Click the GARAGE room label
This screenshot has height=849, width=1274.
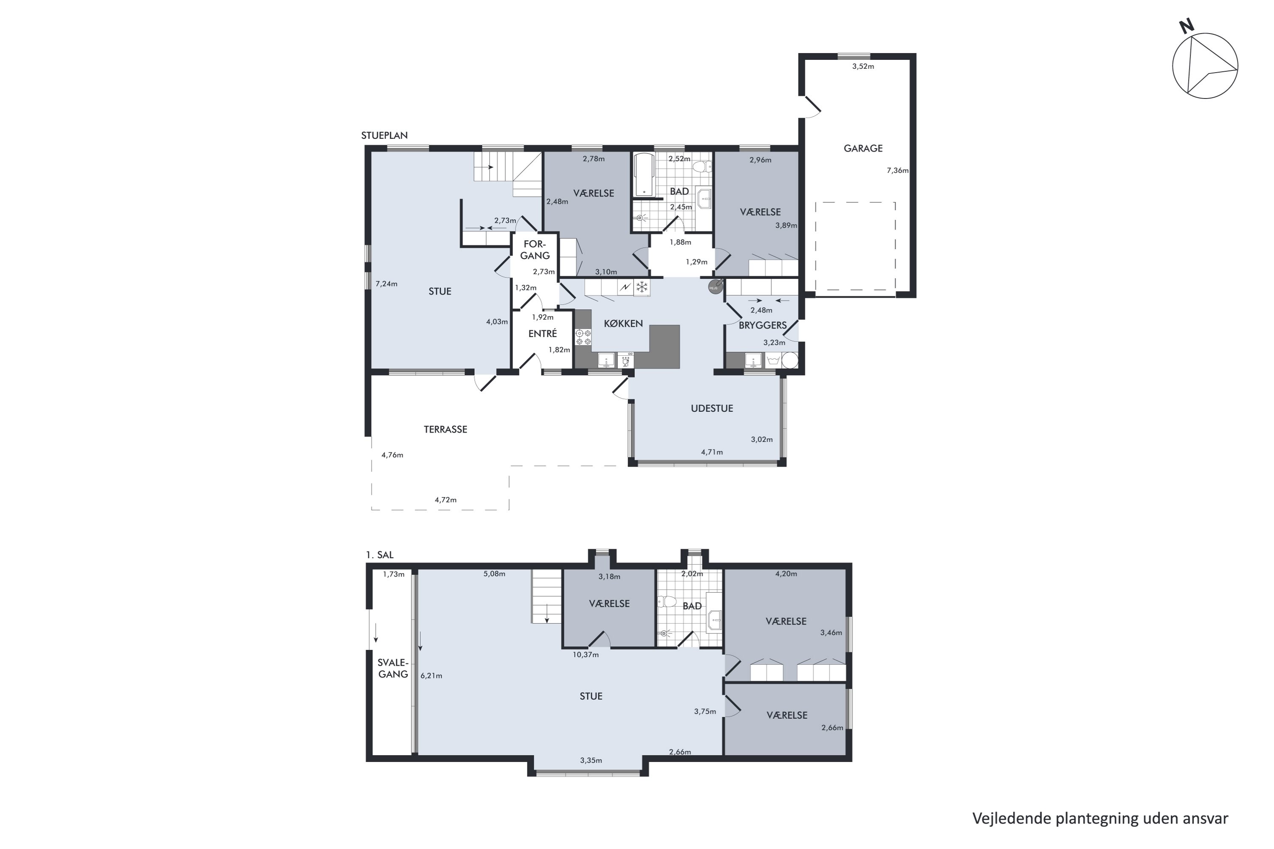863,148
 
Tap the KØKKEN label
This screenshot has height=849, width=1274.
623,323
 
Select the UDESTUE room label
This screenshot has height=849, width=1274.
712,408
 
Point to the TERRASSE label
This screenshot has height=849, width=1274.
445,429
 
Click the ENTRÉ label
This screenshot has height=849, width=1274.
543,334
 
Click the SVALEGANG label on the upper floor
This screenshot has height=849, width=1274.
393,668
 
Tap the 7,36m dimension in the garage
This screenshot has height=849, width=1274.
898,171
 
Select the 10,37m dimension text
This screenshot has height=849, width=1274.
586,655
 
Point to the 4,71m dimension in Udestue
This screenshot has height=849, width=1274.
712,452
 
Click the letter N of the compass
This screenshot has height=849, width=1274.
1186,26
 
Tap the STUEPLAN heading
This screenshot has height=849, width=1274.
385,135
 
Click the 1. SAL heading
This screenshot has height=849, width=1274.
380,555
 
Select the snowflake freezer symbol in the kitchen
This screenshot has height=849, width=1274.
642,287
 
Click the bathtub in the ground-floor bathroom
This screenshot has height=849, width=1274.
644,174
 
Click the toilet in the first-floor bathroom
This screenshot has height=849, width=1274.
667,601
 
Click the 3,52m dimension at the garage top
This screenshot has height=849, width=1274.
863,67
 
